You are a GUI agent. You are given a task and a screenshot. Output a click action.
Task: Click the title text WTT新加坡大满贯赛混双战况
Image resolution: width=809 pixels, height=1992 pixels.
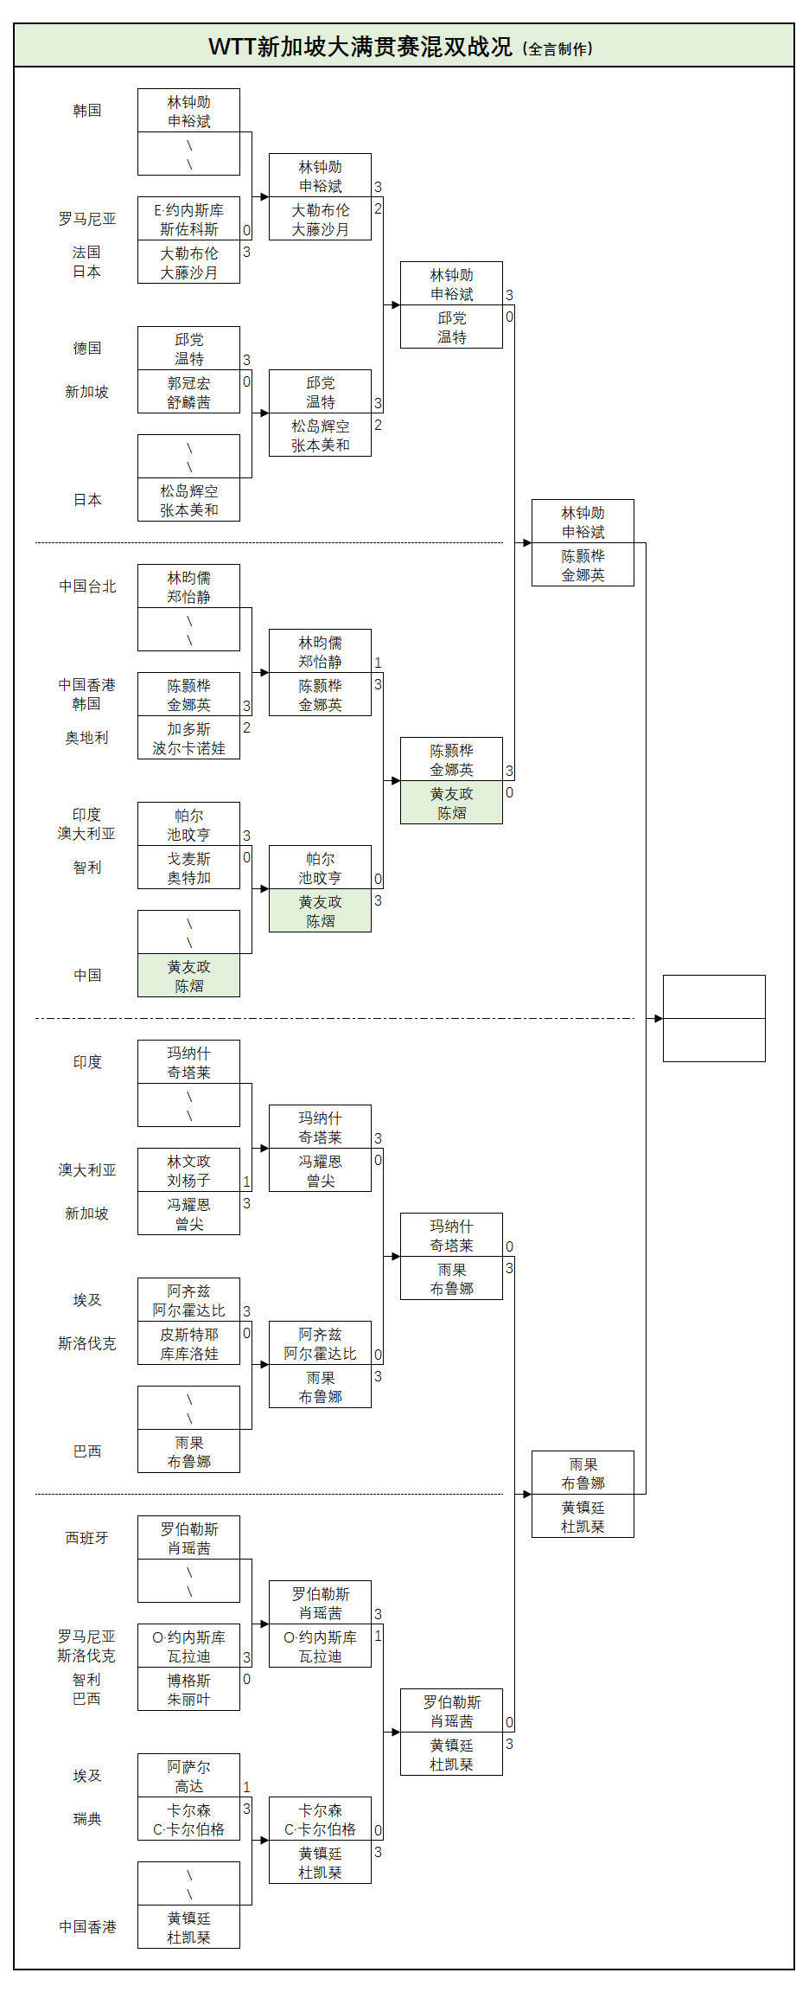tap(360, 47)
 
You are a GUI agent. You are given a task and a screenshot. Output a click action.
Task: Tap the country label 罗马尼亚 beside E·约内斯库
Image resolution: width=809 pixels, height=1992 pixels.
tap(86, 219)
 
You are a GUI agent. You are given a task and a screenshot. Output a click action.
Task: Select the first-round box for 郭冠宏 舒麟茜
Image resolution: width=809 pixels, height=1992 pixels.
tap(188, 392)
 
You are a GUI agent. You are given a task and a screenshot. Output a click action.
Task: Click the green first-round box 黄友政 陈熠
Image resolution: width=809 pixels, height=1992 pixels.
tap(188, 976)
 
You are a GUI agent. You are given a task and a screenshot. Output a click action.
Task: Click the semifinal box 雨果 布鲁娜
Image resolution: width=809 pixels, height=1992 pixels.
tap(583, 1473)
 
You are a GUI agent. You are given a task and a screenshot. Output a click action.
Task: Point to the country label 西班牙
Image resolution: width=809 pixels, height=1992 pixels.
tap(86, 1538)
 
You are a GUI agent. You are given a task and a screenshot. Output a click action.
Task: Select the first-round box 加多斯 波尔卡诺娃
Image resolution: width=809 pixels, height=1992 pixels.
tap(188, 738)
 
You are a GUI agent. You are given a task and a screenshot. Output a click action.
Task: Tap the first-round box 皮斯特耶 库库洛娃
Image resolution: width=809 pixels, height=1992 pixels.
tap(188, 1343)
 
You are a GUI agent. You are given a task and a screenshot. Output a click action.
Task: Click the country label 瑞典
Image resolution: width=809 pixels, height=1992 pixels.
tap(86, 1819)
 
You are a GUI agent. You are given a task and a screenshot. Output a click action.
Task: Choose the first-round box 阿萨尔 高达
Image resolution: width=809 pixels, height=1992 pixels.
tap(188, 1776)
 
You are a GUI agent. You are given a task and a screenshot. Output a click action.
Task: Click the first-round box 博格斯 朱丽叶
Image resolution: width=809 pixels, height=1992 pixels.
tap(188, 1689)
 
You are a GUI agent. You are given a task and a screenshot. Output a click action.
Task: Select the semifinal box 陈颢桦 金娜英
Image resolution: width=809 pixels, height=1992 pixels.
tap(583, 565)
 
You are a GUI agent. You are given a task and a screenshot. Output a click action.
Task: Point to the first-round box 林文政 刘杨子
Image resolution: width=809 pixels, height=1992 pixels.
tap(188, 1170)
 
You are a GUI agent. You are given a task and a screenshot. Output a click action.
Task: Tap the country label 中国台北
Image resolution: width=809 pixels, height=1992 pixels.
tap(86, 586)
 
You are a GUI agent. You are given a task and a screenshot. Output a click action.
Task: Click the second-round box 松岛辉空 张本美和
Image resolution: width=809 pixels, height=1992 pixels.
tap(320, 435)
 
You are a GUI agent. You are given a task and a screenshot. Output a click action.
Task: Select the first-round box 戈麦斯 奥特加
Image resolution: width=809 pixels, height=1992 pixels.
tap(188, 868)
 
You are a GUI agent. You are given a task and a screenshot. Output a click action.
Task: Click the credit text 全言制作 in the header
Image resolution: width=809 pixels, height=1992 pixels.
tap(559, 49)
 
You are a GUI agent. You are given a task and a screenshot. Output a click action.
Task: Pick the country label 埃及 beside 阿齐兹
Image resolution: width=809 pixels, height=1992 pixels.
tap(86, 1300)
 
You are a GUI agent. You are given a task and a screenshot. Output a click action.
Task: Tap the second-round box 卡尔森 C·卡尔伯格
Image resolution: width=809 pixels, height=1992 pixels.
tap(320, 1819)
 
